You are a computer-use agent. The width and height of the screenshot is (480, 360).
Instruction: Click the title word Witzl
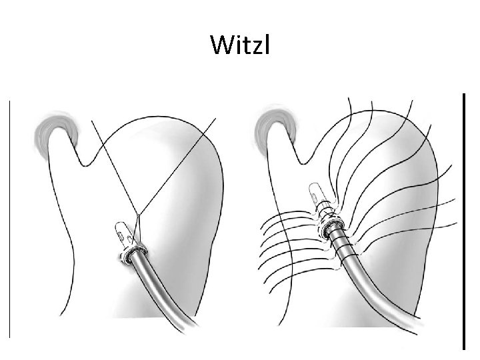point(239,45)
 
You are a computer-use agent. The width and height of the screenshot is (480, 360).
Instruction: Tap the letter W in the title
point(221,45)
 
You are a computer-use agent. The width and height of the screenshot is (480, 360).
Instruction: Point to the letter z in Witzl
point(255,47)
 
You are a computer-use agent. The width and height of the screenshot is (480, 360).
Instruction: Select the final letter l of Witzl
point(266,44)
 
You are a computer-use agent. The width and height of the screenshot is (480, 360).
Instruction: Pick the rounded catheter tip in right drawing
point(315,194)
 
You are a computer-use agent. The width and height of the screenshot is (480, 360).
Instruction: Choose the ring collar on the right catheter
point(329,229)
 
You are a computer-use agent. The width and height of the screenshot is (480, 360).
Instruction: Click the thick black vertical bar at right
point(463,220)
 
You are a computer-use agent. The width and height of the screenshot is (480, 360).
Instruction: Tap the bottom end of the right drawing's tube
point(383,327)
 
